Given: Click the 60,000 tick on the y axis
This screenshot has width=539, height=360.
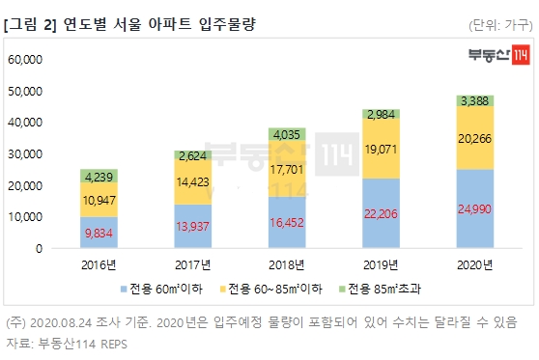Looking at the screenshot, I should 26,60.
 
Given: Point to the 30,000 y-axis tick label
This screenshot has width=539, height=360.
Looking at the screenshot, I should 26,154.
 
